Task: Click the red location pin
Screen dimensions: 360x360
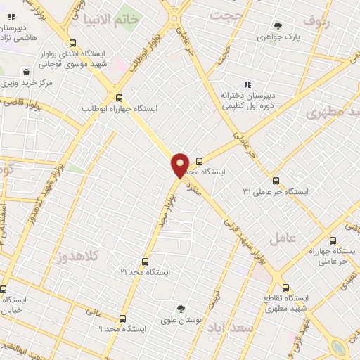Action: point(180,165)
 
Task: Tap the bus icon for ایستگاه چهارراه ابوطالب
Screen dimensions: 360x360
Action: point(119,98)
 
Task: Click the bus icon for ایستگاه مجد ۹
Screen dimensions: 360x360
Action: point(123,319)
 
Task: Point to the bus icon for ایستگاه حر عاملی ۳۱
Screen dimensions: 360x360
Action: point(276,181)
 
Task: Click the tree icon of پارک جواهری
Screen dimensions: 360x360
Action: point(278,27)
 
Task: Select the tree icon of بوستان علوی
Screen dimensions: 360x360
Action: point(181,309)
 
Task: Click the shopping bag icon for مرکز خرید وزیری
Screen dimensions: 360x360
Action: point(26,72)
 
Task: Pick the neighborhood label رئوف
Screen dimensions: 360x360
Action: point(318,21)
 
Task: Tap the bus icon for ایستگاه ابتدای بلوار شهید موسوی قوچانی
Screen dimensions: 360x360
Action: point(74,43)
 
